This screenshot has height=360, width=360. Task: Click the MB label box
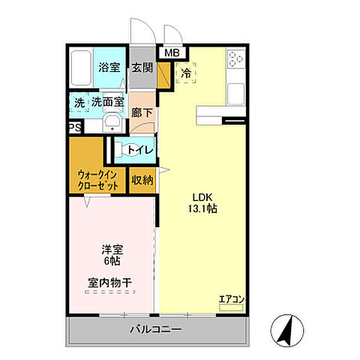click(172, 53)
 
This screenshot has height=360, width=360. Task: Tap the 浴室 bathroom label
click(109, 67)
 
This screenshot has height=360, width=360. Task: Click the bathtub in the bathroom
click(82, 70)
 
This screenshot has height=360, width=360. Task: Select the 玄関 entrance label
click(142, 67)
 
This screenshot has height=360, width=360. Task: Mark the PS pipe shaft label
click(74, 128)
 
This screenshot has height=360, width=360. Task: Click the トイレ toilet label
click(140, 150)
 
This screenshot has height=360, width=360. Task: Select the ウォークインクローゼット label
click(97, 180)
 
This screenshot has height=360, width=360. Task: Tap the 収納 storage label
click(142, 180)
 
